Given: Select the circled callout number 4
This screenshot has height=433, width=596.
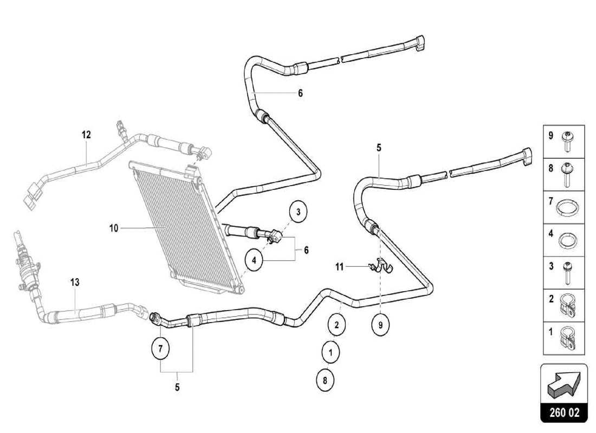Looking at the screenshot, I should tap(254, 260).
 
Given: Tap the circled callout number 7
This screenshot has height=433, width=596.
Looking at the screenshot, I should tap(160, 349).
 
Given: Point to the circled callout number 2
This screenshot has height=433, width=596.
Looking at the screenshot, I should tap(336, 325).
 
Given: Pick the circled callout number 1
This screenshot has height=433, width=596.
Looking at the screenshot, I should tap(331, 352).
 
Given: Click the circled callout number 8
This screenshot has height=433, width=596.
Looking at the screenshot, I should tap(325, 380).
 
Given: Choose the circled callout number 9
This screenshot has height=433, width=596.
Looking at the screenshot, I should tap(380, 325).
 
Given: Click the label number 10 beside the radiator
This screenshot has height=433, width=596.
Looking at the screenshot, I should tap(113, 228).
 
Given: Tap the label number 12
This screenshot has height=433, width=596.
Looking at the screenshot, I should tap(87, 135).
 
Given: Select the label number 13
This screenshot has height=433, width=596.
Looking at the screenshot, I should tap(75, 281).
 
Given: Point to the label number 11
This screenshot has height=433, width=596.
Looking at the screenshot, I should tap(339, 266).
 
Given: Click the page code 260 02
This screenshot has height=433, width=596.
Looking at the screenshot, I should tap(563, 412).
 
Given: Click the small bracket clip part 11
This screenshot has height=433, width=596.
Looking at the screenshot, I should tap(381, 265).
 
